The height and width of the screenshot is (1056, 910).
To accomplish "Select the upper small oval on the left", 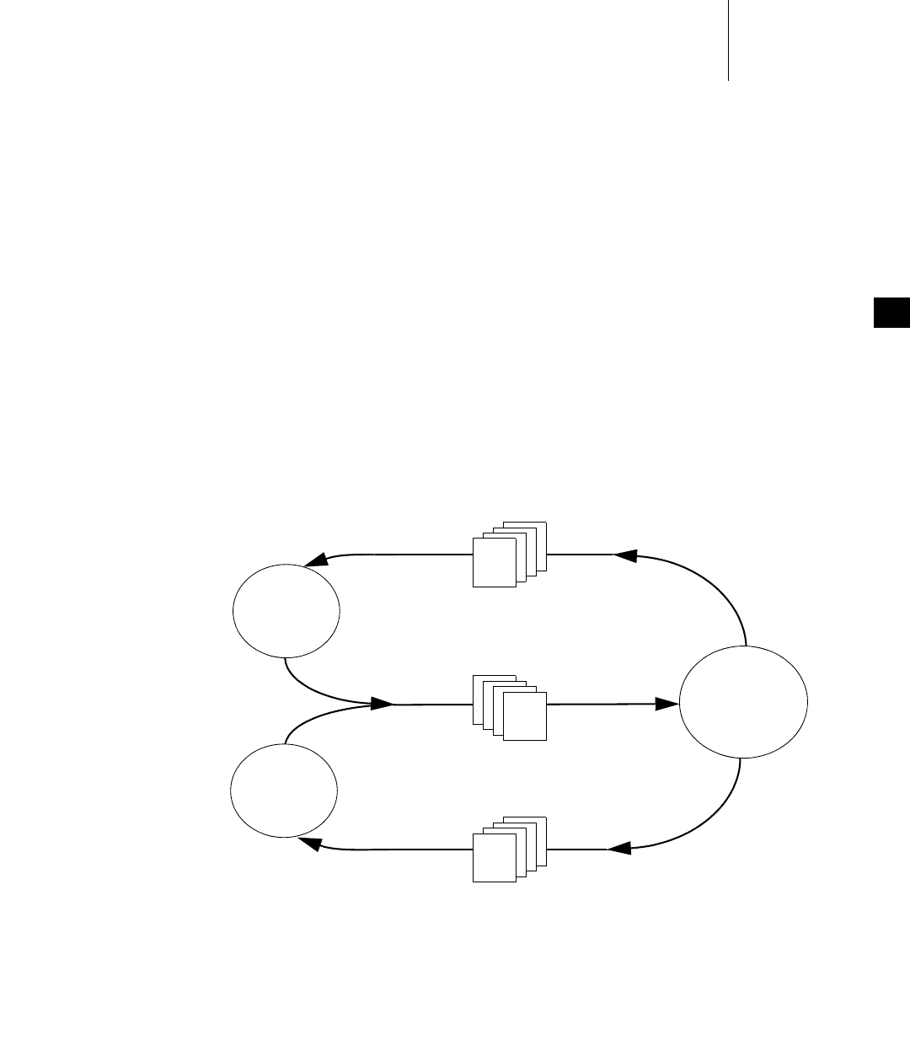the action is click(286, 610).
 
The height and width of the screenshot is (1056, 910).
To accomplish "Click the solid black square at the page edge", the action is click(891, 313).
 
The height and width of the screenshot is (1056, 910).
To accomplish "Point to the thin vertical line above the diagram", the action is click(727, 40).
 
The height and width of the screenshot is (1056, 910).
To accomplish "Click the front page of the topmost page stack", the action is click(494, 562).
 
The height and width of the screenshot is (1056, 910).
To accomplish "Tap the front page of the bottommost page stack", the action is click(494, 858).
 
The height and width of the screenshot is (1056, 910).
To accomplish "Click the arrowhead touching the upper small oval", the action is click(316, 560).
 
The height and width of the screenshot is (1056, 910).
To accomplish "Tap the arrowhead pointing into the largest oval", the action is click(668, 703).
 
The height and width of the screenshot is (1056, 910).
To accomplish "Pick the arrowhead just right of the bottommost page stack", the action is click(619, 848).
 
